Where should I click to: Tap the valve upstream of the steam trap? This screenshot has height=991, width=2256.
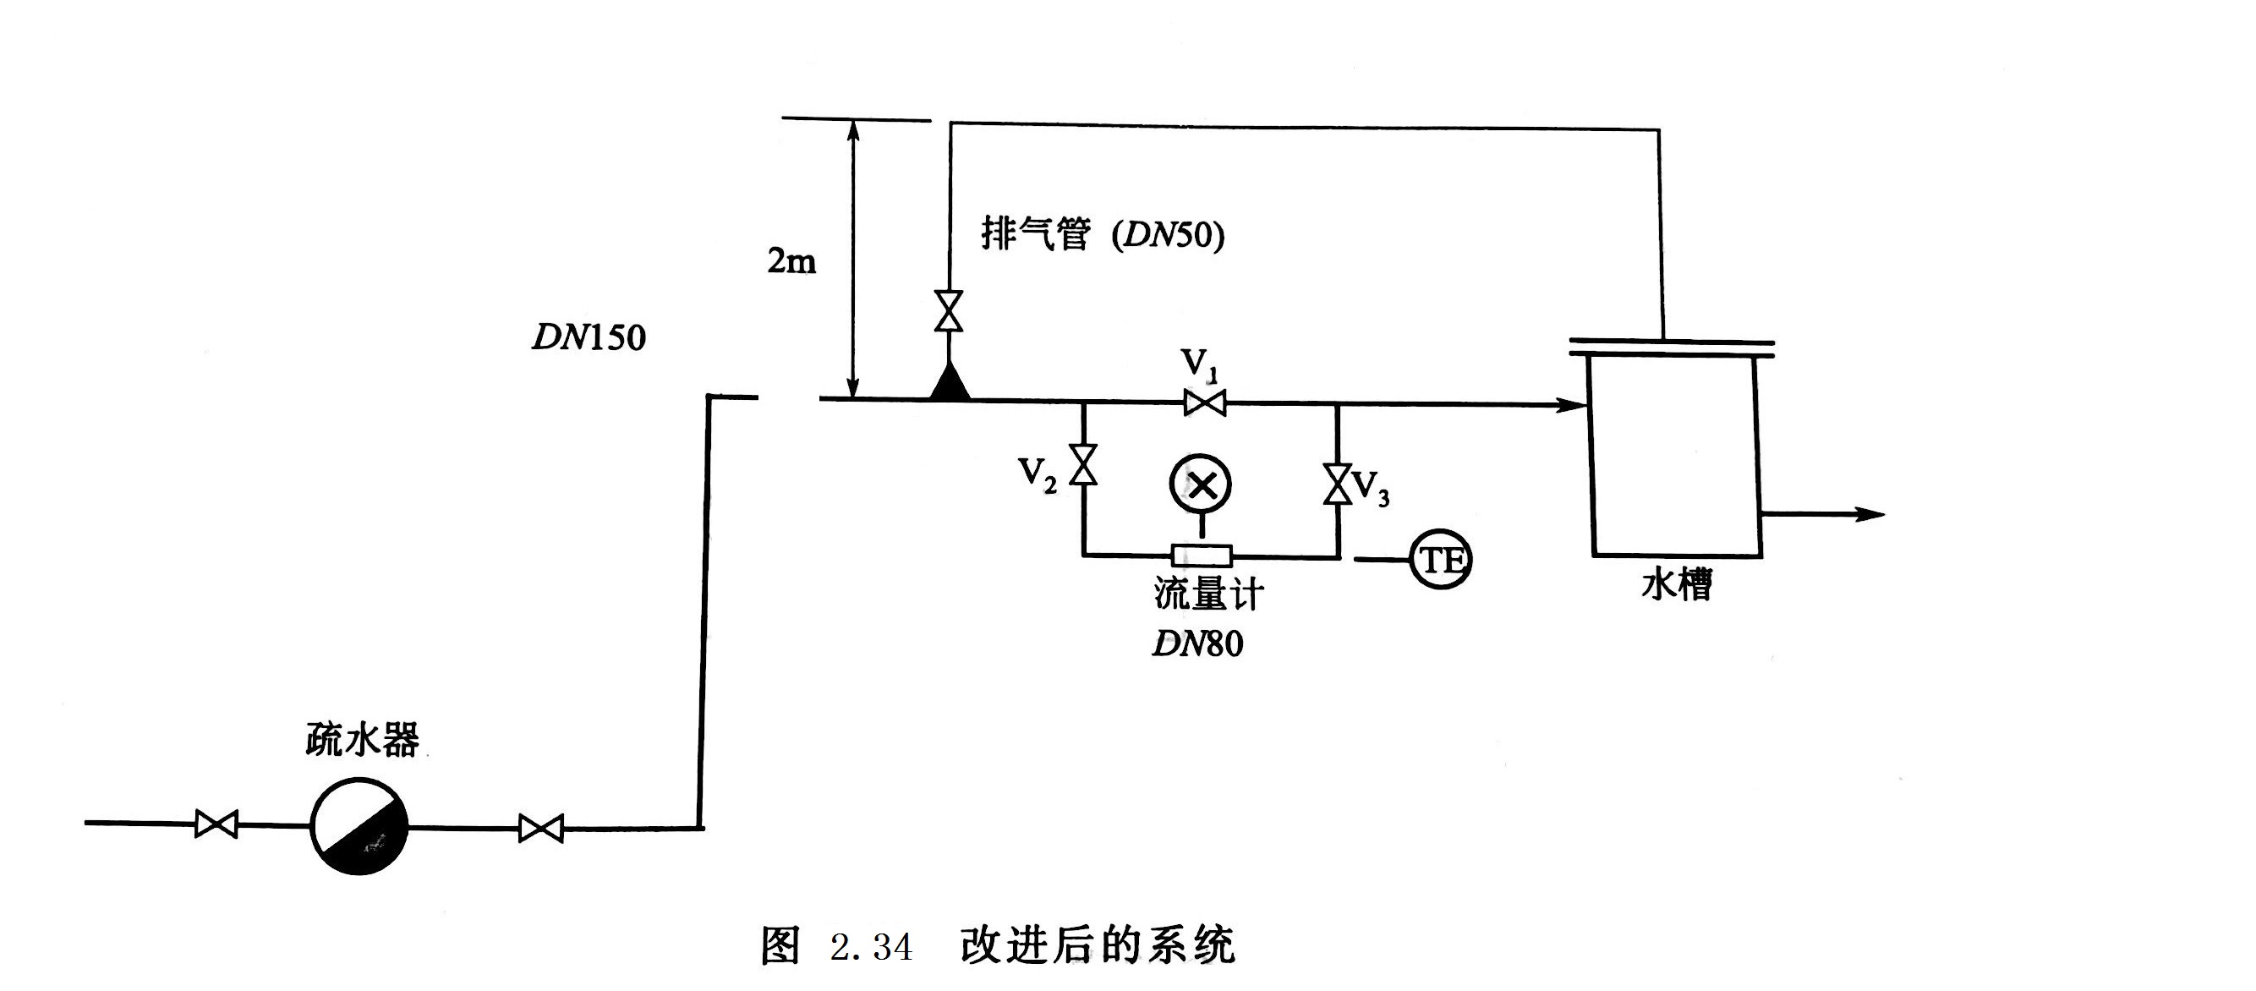click(216, 824)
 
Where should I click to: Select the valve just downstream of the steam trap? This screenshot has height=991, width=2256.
click(540, 828)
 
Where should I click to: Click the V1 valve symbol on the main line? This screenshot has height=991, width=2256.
click(1204, 402)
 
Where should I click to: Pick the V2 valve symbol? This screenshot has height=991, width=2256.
click(1084, 465)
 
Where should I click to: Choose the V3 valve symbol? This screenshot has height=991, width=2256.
click(1336, 485)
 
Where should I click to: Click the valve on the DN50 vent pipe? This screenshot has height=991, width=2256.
click(949, 311)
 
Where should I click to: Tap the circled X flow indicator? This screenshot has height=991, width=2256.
click(1201, 485)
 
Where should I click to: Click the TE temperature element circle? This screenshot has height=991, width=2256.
click(1441, 560)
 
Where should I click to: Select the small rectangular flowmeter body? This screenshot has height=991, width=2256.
click(1202, 555)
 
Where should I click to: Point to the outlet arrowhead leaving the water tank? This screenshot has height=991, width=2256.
click(1870, 515)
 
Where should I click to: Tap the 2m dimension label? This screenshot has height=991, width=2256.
click(791, 261)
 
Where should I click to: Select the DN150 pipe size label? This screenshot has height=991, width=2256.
click(589, 338)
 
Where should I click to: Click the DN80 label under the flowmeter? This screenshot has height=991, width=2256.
click(1197, 643)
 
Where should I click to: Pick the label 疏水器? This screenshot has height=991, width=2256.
click(363, 740)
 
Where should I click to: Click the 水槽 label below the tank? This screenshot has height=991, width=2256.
click(1676, 584)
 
